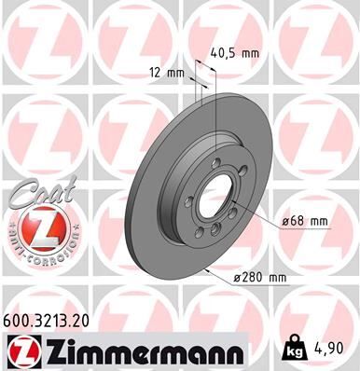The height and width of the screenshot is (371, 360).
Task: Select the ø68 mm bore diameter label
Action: tap(306, 221)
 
